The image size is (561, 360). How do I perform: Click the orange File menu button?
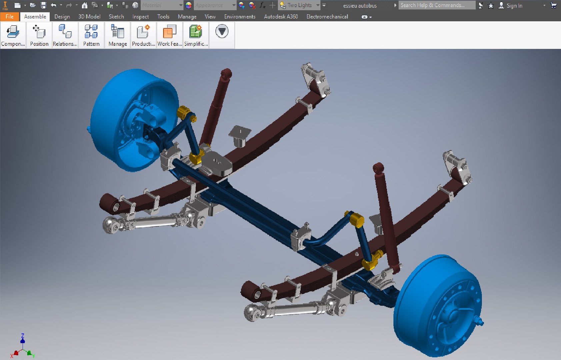(9, 17)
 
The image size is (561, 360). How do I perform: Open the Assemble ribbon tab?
(35, 17)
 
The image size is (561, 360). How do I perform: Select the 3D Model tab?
(89, 17)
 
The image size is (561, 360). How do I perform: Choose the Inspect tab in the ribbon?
(140, 17)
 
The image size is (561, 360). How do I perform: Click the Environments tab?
(240, 17)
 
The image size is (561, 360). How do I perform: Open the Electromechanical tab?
(327, 17)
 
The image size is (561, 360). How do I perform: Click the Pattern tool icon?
(91, 32)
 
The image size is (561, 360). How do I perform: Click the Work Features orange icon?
(169, 32)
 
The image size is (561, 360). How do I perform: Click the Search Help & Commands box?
(437, 5)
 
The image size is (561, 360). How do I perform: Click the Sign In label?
(514, 6)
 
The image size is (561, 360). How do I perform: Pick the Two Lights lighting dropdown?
(300, 5)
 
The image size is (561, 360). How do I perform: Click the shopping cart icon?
(553, 5)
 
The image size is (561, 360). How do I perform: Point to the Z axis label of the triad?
(23, 335)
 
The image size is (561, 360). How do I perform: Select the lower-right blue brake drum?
(437, 307)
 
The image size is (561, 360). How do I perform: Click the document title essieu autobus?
(360, 6)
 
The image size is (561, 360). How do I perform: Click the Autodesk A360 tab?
(281, 17)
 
